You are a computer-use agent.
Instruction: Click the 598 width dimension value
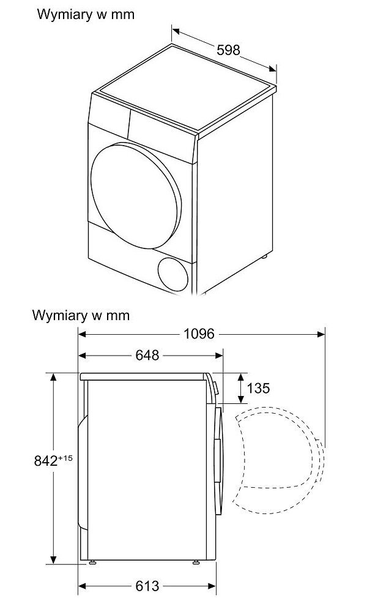click(x=229, y=50)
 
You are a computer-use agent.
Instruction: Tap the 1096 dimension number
click(x=199, y=334)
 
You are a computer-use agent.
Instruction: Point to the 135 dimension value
click(x=258, y=388)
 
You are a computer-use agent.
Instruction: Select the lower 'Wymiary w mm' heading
click(x=81, y=316)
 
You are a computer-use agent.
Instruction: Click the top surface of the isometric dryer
click(x=183, y=89)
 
